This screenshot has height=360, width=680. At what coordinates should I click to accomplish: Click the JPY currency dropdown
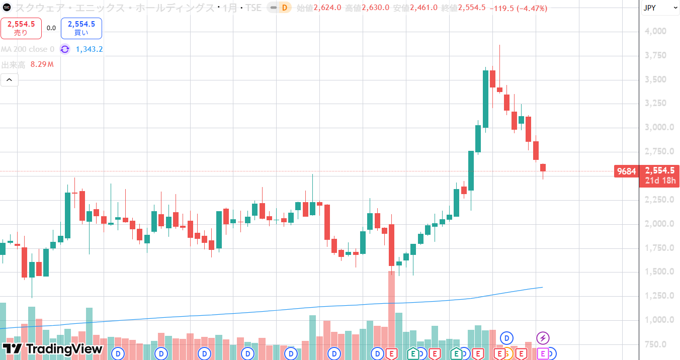coord(659,8)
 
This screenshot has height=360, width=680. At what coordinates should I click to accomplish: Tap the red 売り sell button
coord(21,28)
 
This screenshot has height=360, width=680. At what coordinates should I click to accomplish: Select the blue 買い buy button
coord(81,28)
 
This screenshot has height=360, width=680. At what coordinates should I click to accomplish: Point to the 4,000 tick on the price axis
coord(655,31)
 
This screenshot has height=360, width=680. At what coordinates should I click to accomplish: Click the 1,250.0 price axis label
coord(659,296)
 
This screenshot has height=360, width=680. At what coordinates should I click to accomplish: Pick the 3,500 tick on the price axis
coord(655,79)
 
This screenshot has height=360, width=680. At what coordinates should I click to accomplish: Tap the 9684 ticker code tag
coord(626,171)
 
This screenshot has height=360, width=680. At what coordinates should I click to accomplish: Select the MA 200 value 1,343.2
coord(89,49)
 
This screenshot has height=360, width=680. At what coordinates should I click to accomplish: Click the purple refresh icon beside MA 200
coord(65,49)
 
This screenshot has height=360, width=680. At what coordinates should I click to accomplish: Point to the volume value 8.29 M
coord(42,64)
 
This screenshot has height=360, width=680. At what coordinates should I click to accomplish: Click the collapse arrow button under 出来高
coord(10,79)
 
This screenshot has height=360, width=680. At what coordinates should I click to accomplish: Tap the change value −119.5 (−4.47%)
coord(519,8)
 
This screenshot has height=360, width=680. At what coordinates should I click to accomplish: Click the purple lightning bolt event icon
coord(543,337)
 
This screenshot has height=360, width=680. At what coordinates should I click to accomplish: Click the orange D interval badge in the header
coord(285,8)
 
